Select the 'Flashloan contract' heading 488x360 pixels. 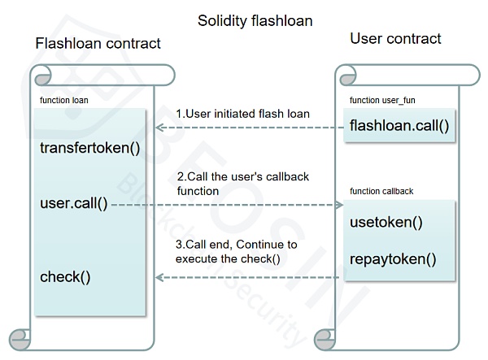(x=98, y=43)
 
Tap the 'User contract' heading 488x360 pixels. (x=395, y=38)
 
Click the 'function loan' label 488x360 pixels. (x=64, y=100)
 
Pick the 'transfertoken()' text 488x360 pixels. (x=89, y=149)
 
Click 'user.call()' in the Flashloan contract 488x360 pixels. (x=73, y=203)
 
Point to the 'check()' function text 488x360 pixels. (x=65, y=276)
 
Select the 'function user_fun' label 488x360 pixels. (x=382, y=100)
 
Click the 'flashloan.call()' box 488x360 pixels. (x=399, y=127)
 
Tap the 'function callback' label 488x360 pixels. (x=381, y=191)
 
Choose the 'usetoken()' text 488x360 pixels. (x=386, y=223)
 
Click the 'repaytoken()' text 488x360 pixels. (x=393, y=260)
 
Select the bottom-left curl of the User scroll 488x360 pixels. (x=323, y=336)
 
